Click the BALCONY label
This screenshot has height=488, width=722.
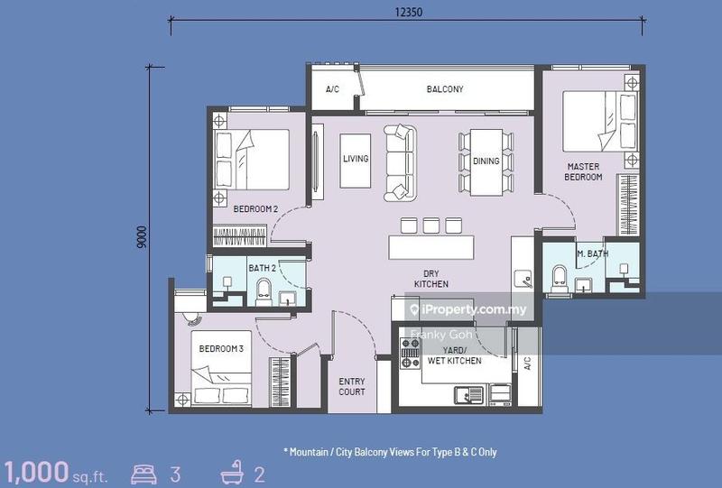tap(445, 89)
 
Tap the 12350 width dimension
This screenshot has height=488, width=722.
tap(409, 13)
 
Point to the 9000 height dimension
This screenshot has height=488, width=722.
tap(142, 237)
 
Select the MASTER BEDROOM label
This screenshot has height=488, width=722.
tap(583, 171)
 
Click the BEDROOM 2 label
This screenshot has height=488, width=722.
tap(255, 209)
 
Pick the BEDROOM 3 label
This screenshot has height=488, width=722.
tap(221, 348)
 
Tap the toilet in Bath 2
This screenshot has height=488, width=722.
tap(264, 292)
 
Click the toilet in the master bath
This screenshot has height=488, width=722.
tap(560, 279)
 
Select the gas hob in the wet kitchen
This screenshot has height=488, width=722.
tap(410, 353)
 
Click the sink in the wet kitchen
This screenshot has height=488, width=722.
tap(468, 394)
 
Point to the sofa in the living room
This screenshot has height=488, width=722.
tap(400, 162)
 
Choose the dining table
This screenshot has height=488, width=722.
tap(486, 162)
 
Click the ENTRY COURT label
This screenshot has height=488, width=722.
tap(352, 387)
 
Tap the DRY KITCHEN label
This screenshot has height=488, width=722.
tap(431, 279)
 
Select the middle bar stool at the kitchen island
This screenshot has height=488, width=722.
tap(431, 226)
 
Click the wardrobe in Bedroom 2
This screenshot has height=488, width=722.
tap(239, 235)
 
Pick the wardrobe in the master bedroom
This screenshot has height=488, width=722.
tap(628, 205)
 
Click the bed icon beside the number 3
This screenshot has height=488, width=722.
tap(143, 474)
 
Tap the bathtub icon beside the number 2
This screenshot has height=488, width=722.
tap(232, 473)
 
